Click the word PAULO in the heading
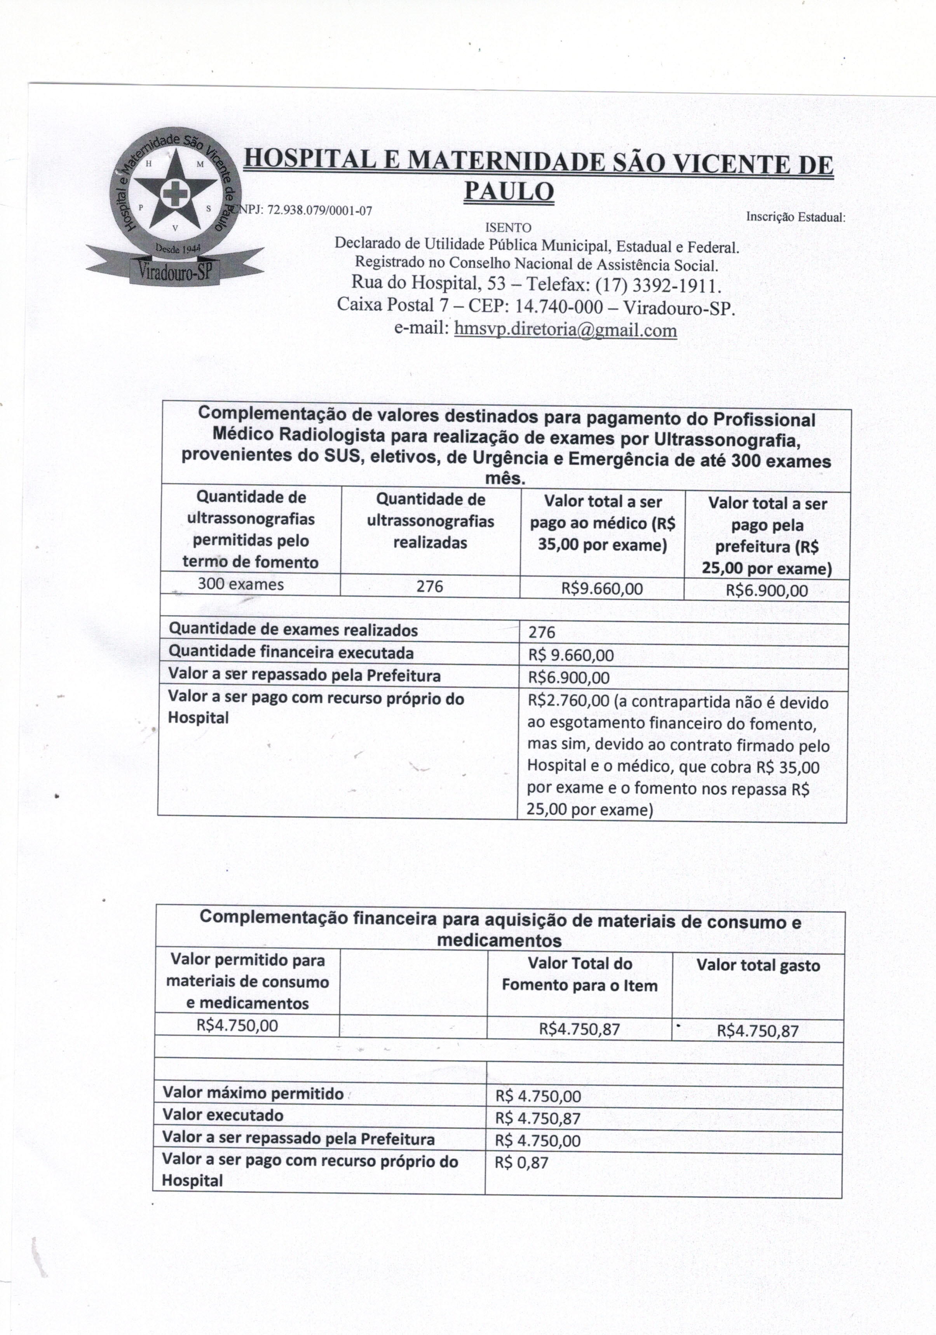(x=509, y=191)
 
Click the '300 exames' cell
(x=241, y=584)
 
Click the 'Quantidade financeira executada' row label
(x=291, y=653)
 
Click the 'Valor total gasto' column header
(x=758, y=966)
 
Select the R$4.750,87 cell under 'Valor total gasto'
(x=757, y=1031)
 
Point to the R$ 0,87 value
(x=521, y=1163)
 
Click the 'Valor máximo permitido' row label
(x=253, y=1093)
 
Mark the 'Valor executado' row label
(x=223, y=1115)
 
